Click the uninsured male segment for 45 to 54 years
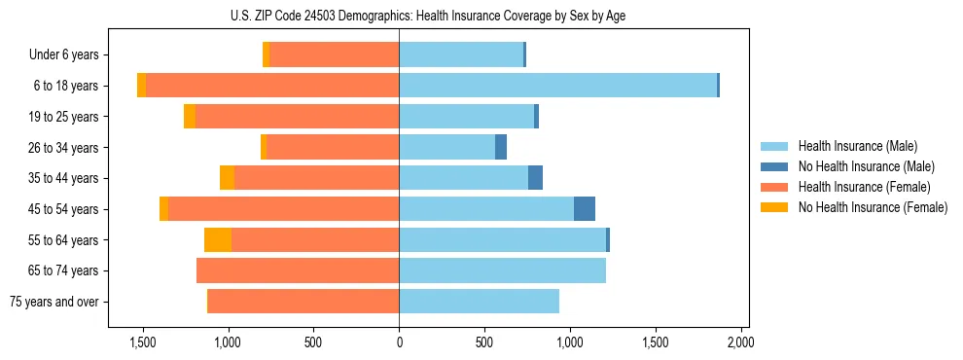click(584, 208)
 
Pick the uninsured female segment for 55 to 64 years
click(218, 239)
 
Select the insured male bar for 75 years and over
click(479, 302)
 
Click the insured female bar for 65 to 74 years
click(298, 270)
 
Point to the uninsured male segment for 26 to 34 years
click(501, 147)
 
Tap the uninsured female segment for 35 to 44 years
click(227, 178)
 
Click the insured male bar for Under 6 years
click(461, 54)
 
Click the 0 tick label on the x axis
click(399, 342)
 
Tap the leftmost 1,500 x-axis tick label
click(143, 342)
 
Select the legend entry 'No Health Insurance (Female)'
click(873, 207)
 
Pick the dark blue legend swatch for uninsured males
click(774, 166)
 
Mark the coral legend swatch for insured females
click(774, 187)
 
